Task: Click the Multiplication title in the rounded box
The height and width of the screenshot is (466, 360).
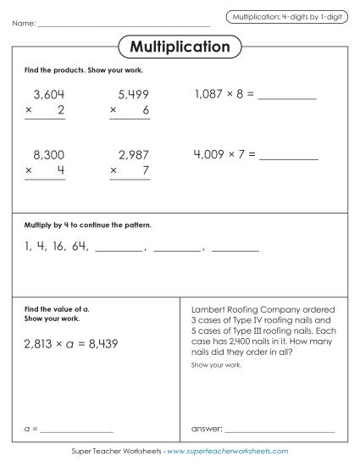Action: [x=180, y=47]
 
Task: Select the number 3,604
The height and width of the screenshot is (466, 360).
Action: [x=48, y=95]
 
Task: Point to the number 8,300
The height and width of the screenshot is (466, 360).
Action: [x=48, y=155]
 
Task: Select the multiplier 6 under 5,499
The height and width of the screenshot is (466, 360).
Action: [x=146, y=111]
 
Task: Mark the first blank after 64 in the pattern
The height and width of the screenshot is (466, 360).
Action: [x=119, y=250]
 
